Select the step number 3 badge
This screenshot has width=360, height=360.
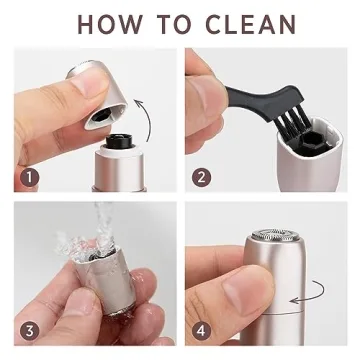31,329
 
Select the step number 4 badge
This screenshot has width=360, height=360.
202,329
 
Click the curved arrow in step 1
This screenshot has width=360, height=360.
150,115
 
